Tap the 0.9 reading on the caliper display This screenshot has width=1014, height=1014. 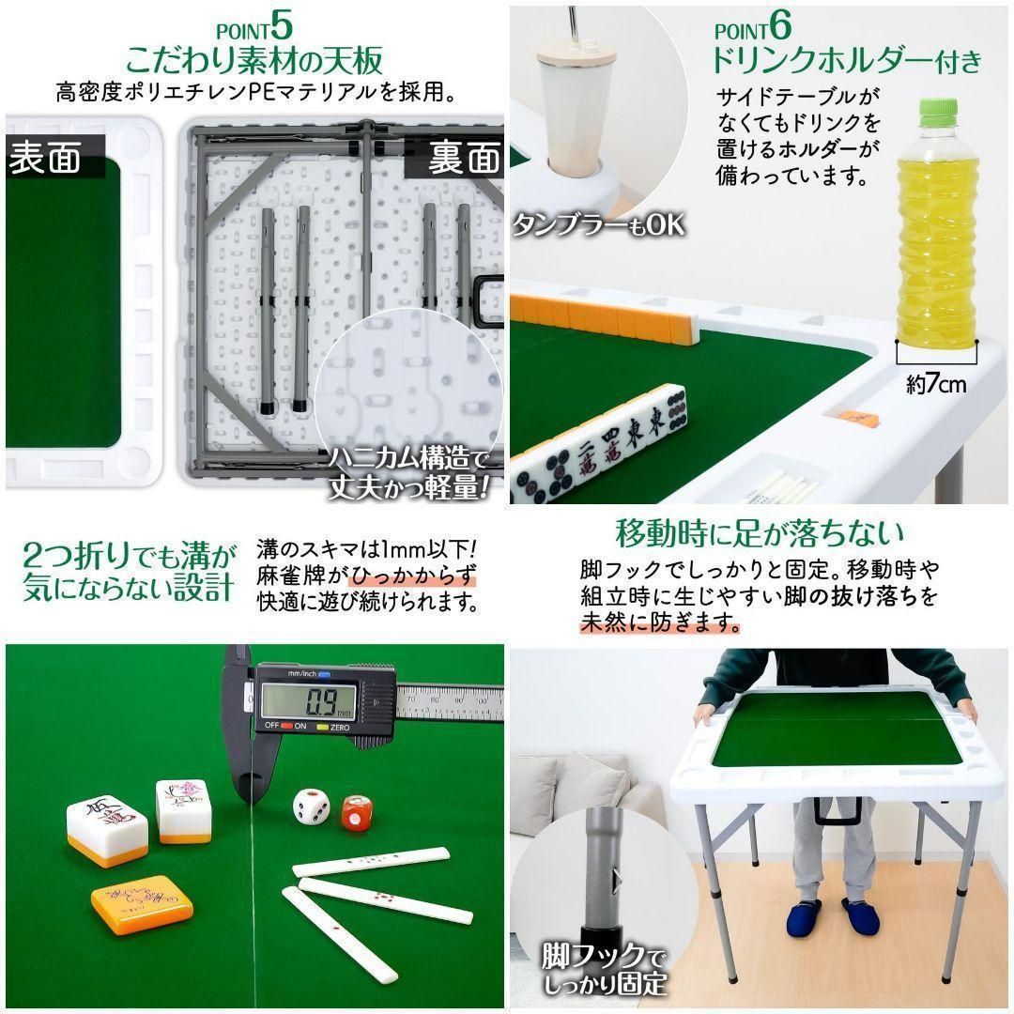(x=308, y=701)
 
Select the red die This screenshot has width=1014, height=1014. (x=357, y=812)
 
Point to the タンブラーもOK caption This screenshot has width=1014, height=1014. (x=598, y=225)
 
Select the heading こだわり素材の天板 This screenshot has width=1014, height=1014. (x=253, y=61)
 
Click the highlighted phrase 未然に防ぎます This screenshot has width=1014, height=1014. (x=659, y=623)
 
